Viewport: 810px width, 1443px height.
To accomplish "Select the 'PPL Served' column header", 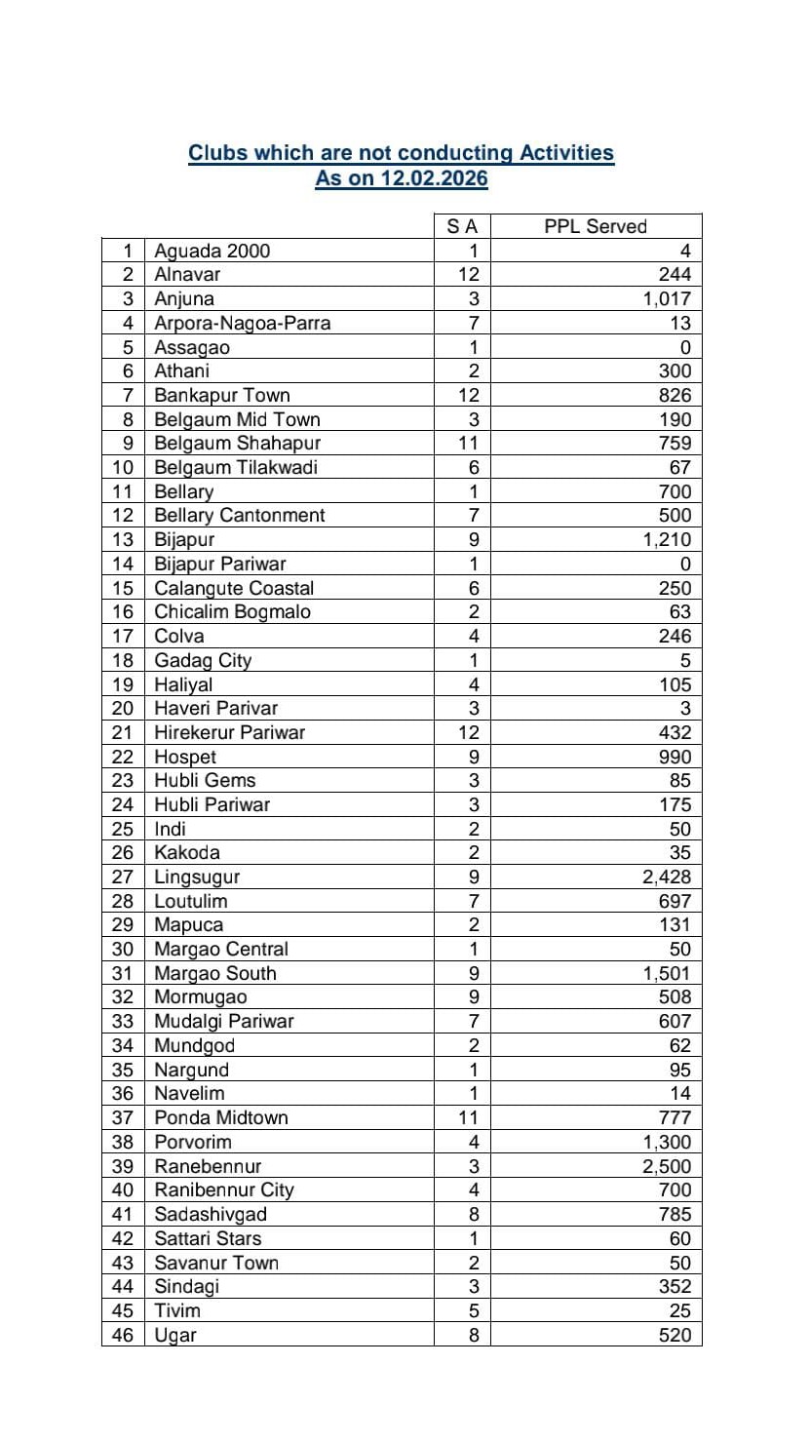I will (595, 226).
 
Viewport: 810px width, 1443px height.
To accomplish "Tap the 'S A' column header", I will (462, 226).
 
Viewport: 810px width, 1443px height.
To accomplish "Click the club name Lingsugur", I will (197, 877).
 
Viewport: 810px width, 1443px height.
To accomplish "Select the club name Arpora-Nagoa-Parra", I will (242, 323).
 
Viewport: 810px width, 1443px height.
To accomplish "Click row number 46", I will (121, 1335).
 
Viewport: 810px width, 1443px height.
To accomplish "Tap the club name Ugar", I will (175, 1335).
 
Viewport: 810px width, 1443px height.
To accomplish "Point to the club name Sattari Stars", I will (208, 1238).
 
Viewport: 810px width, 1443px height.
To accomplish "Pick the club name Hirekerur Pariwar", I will (230, 732).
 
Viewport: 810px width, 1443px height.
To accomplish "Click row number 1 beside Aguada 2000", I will (127, 251).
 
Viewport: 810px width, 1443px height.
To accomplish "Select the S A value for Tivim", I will (474, 1310).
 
